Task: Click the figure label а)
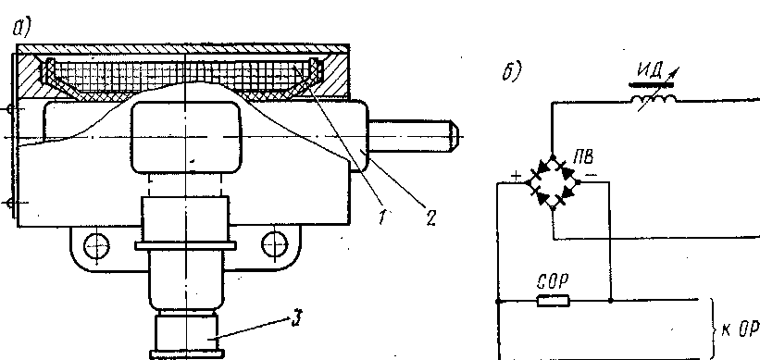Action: pyautogui.click(x=21, y=29)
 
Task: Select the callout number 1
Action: pyautogui.click(x=384, y=217)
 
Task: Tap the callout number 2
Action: pyautogui.click(x=430, y=218)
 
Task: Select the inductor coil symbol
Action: pyautogui.click(x=654, y=100)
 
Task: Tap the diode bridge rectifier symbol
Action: pyautogui.click(x=553, y=182)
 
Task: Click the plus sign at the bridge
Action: pyautogui.click(x=517, y=177)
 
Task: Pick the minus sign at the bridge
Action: pyautogui.click(x=590, y=173)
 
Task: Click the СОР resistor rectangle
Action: pyautogui.click(x=553, y=301)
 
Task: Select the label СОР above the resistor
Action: pyautogui.click(x=553, y=281)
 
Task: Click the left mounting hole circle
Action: pyautogui.click(x=96, y=246)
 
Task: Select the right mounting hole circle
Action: pyautogui.click(x=274, y=244)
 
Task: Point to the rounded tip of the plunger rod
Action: pyautogui.click(x=455, y=135)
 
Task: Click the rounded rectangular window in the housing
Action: pyautogui.click(x=186, y=137)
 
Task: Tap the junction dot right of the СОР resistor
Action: pyautogui.click(x=610, y=301)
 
